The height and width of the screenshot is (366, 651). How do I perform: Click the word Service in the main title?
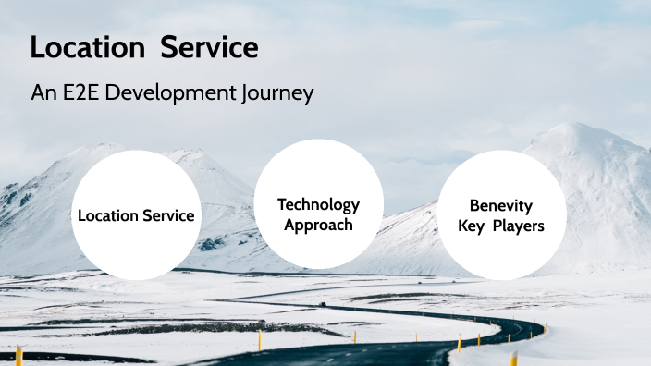pyautogui.click(x=209, y=47)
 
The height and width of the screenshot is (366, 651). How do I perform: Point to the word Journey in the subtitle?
pyautogui.click(x=281, y=93)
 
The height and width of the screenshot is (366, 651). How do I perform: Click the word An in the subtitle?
pyautogui.click(x=43, y=93)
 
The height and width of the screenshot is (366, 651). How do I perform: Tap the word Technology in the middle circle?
pyautogui.click(x=318, y=204)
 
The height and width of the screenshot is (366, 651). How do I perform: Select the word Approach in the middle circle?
pyautogui.click(x=318, y=225)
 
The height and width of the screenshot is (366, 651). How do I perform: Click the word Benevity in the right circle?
pyautogui.click(x=501, y=205)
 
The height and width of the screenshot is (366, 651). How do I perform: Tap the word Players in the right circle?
pyautogui.click(x=517, y=226)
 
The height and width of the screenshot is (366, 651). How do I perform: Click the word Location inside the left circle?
pyautogui.click(x=110, y=215)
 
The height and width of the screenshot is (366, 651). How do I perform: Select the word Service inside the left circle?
pyautogui.click(x=169, y=215)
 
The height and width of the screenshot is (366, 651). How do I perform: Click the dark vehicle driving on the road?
pyautogui.click(x=322, y=303)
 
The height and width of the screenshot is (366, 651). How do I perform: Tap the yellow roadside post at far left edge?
pyautogui.click(x=18, y=355)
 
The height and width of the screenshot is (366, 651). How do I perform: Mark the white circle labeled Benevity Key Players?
pyautogui.click(x=501, y=215)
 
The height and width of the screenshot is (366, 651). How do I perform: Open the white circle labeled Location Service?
pyautogui.click(x=136, y=215)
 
